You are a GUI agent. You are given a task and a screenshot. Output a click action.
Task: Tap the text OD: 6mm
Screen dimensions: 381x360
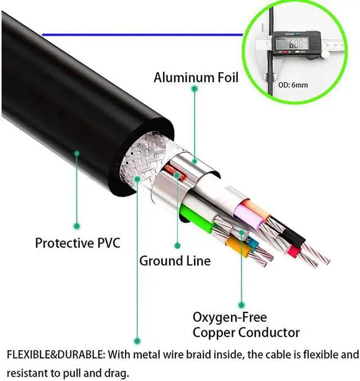(292, 86)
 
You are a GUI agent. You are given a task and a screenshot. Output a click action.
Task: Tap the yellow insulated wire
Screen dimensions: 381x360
(238, 247)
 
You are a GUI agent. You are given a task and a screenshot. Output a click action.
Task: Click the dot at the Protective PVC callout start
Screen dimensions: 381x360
(77, 153)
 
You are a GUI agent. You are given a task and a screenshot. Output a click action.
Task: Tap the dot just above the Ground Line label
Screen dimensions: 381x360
(177, 245)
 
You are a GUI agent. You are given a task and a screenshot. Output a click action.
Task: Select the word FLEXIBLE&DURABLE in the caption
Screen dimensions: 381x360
(55, 355)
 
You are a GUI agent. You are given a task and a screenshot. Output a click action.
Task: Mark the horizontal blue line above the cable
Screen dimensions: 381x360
(141, 35)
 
